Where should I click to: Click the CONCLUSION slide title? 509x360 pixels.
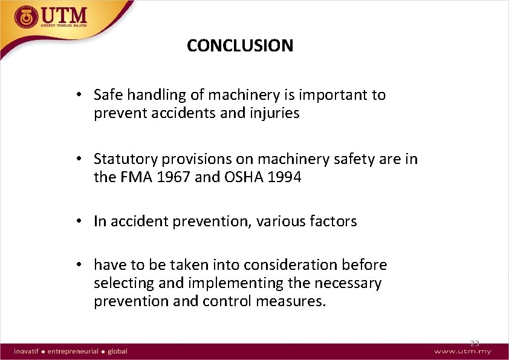[240, 45]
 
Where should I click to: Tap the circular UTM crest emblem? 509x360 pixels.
[25, 18]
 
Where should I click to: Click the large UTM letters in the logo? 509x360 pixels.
[63, 15]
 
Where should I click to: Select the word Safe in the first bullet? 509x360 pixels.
[108, 95]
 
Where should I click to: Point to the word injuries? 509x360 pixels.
[276, 113]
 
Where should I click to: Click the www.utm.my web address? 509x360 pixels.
[462, 352]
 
